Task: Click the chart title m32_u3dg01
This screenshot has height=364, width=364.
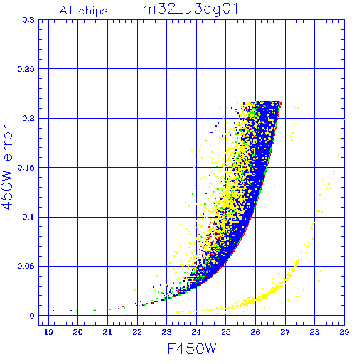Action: [191, 10]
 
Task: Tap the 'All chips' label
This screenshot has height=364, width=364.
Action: [84, 11]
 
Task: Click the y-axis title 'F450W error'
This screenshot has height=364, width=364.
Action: [7, 172]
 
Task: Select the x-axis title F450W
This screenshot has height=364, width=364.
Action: [192, 349]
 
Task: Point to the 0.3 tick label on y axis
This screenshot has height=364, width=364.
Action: [28, 20]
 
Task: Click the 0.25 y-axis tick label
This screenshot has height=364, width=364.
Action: [26, 69]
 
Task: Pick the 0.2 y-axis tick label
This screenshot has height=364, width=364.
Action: [28, 118]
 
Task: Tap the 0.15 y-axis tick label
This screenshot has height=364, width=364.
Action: [26, 168]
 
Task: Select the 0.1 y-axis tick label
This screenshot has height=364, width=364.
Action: [28, 217]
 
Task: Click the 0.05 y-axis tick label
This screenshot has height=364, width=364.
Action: [26, 266]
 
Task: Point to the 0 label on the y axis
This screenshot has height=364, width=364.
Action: [32, 316]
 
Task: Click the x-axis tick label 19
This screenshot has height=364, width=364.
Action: [48, 332]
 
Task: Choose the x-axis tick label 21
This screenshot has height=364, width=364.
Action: [107, 332]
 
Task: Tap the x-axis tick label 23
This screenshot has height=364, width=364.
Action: [166, 332]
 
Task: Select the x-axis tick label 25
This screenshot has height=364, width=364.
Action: [226, 332]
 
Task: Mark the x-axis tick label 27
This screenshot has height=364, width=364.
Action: [285, 332]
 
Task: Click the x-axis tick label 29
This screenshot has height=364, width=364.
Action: [344, 332]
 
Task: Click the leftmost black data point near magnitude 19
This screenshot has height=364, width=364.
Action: [53, 311]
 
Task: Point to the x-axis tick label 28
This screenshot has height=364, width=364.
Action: [314, 332]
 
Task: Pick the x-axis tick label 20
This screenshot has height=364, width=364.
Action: [77, 332]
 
